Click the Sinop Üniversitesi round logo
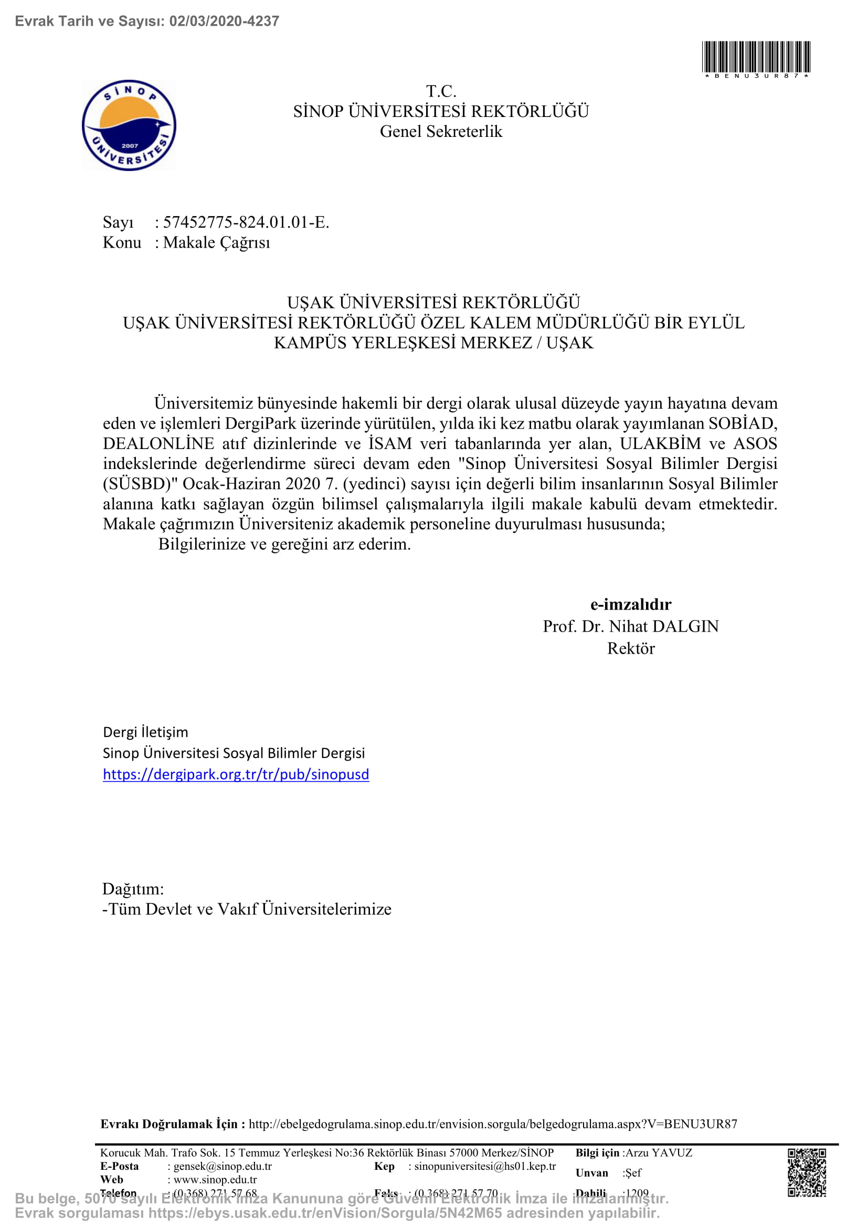pos(129,125)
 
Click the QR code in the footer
pos(807,1172)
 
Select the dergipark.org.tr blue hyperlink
pos(236,774)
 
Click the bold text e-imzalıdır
pos(631,604)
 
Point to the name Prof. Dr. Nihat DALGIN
pos(631,626)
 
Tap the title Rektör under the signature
pos(631,648)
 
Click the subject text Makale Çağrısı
pos(216,243)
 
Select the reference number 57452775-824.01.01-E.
pos(246,222)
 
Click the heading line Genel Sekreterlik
pos(441,132)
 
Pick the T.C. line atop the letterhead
pos(441,91)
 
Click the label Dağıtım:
pos(133,889)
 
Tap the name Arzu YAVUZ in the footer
pos(659,1153)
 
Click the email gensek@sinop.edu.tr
pos(223,1166)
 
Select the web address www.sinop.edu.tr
pos(215,1179)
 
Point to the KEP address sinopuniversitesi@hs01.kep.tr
pos(485,1166)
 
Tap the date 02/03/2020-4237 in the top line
pos(224,22)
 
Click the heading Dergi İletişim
pos(145,732)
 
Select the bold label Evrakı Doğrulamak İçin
pos(173,1124)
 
